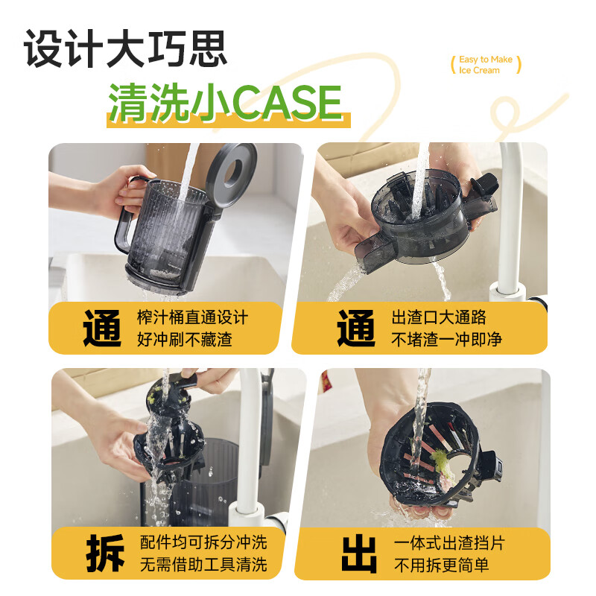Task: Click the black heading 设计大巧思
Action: point(126,51)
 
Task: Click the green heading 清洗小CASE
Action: point(225,103)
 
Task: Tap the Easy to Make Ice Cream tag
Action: point(486,65)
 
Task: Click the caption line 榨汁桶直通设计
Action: point(193,317)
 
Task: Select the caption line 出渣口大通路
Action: point(440,317)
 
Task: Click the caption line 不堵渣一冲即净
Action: point(447,340)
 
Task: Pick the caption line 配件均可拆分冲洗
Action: point(203,542)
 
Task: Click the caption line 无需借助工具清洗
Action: point(203,564)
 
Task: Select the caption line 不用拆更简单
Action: point(441,565)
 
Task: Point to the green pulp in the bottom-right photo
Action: point(440,457)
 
